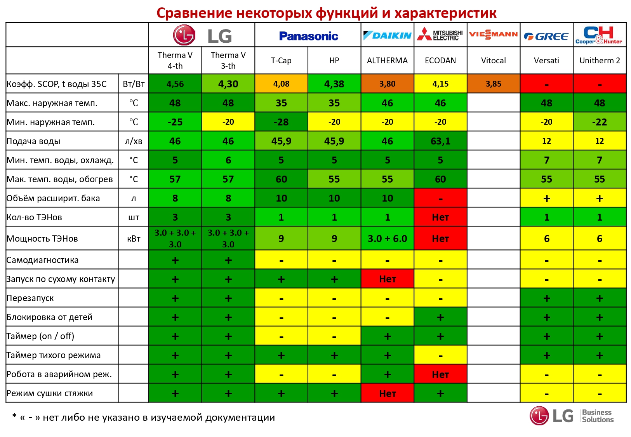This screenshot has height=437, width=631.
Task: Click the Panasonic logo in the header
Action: coord(308,36)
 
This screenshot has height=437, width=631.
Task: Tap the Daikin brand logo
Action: coord(387,35)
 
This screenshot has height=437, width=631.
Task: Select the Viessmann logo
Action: coord(493,35)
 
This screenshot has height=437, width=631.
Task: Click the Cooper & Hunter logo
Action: coord(599,35)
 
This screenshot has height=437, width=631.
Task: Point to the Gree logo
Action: coord(546,37)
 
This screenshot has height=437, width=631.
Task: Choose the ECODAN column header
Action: coord(440,61)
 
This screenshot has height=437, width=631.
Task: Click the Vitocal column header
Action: coord(493,61)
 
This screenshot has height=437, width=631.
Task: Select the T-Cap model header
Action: coord(281,61)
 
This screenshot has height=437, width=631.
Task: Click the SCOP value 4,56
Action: coord(175,84)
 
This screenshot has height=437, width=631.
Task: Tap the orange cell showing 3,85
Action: coord(493,84)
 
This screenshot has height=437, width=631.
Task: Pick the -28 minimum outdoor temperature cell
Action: coord(281,122)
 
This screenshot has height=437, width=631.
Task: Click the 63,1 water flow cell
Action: coord(440,141)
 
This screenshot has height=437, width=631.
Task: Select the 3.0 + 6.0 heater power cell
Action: coord(387,239)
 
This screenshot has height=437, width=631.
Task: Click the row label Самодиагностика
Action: coord(43,260)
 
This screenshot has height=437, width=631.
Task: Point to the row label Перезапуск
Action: coord(30,298)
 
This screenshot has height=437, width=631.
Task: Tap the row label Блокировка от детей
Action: coord(50,317)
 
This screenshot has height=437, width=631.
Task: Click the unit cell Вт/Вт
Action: coord(134,84)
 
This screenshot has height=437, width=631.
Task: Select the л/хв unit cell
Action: coord(134,141)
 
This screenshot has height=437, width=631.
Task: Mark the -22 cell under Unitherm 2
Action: coord(599,122)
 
